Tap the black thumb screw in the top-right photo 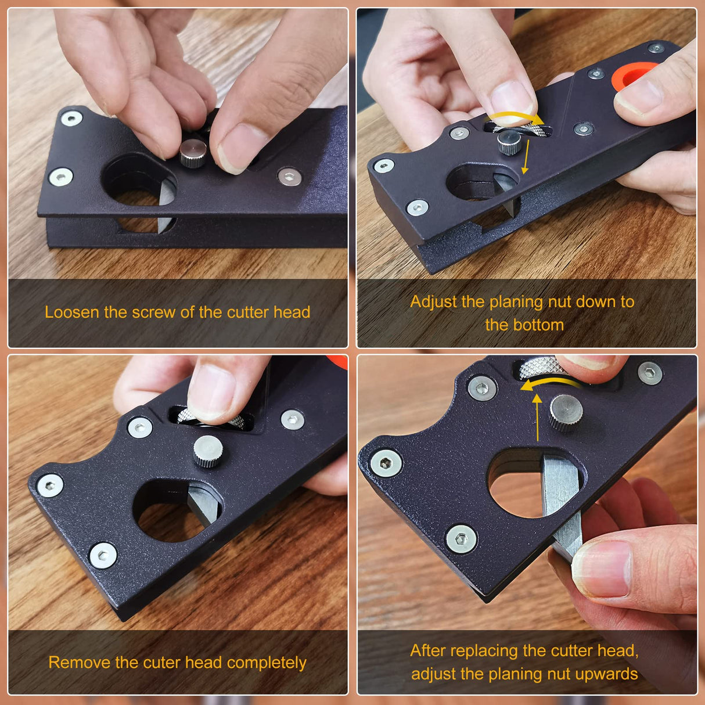tap(509, 142)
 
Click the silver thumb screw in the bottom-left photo tap(208, 451)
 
